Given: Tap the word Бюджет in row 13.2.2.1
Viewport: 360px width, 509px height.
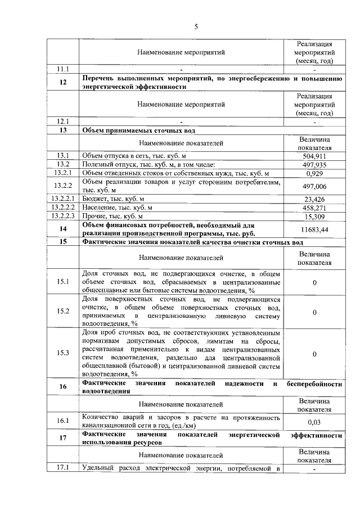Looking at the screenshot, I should pyautogui.click(x=94, y=199).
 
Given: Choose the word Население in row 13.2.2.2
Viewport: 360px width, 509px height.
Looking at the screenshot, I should pyautogui.click(x=98, y=207).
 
